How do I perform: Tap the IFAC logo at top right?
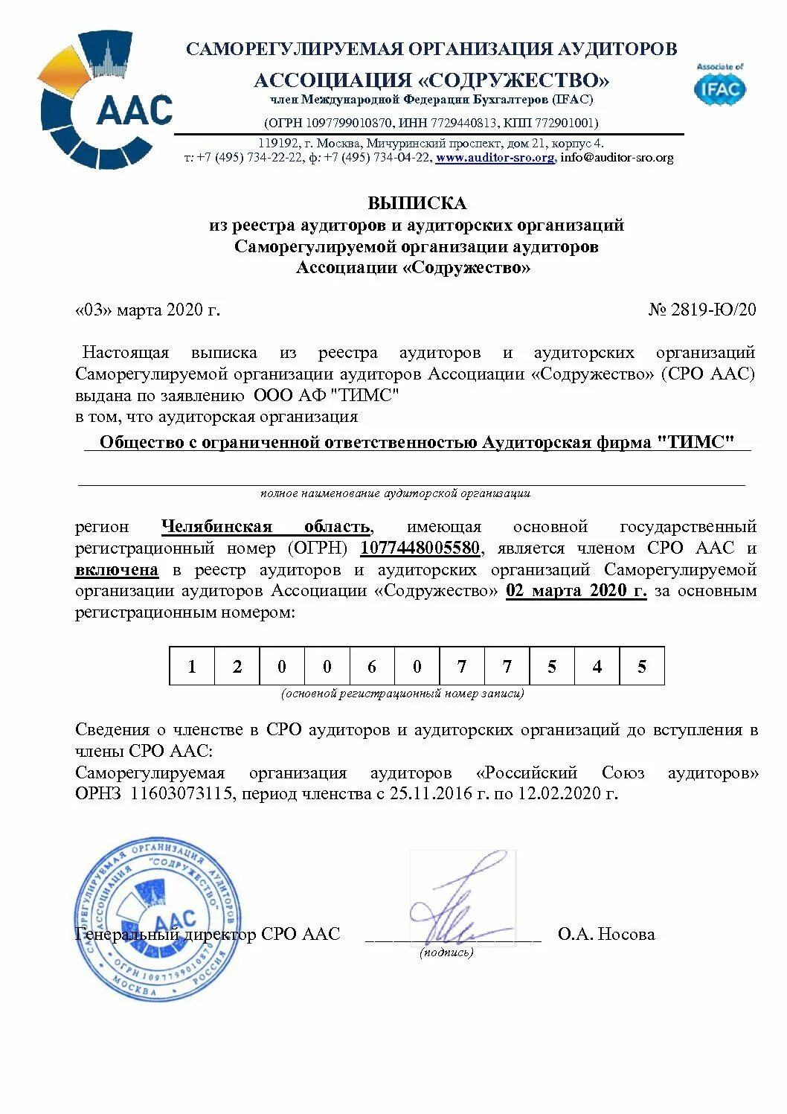(719, 86)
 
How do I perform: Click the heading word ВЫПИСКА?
(417, 203)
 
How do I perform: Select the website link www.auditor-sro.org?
(495, 158)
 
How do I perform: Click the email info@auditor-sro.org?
(617, 158)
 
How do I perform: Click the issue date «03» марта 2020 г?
(147, 310)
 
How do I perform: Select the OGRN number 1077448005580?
(420, 548)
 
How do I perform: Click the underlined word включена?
(117, 570)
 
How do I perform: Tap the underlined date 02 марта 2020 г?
(576, 591)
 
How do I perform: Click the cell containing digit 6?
(372, 666)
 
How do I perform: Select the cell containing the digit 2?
(237, 666)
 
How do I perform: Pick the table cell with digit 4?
(597, 666)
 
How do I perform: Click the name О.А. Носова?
(606, 934)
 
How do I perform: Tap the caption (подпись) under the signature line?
(446, 952)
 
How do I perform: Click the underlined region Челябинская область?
(266, 527)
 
